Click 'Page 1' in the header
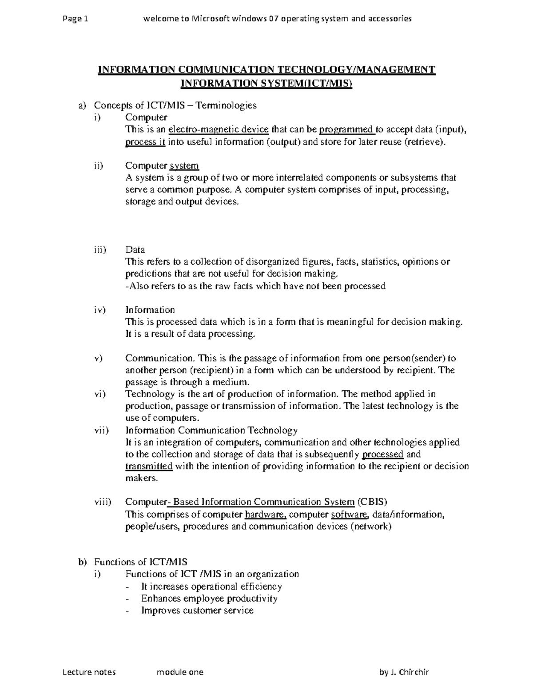click(x=76, y=19)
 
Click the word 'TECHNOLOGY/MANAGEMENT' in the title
click(x=356, y=70)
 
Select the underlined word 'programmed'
click(x=347, y=130)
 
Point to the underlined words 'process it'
click(x=145, y=142)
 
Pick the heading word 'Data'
click(x=135, y=250)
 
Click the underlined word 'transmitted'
click(x=149, y=467)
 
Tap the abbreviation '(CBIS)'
click(x=372, y=502)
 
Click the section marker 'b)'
click(x=81, y=562)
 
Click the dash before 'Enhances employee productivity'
click(x=129, y=599)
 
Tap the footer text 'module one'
click(x=180, y=672)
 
